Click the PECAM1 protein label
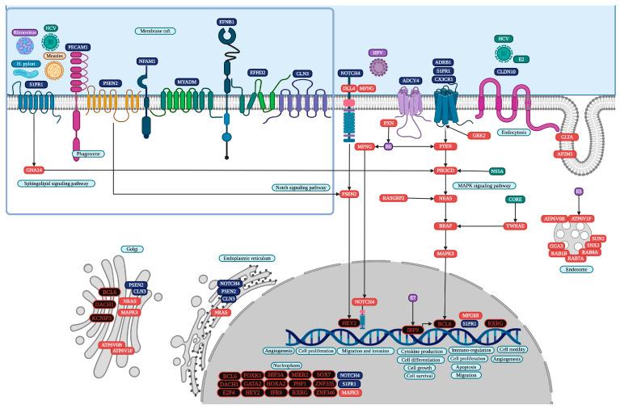78,48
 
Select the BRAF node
443,228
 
